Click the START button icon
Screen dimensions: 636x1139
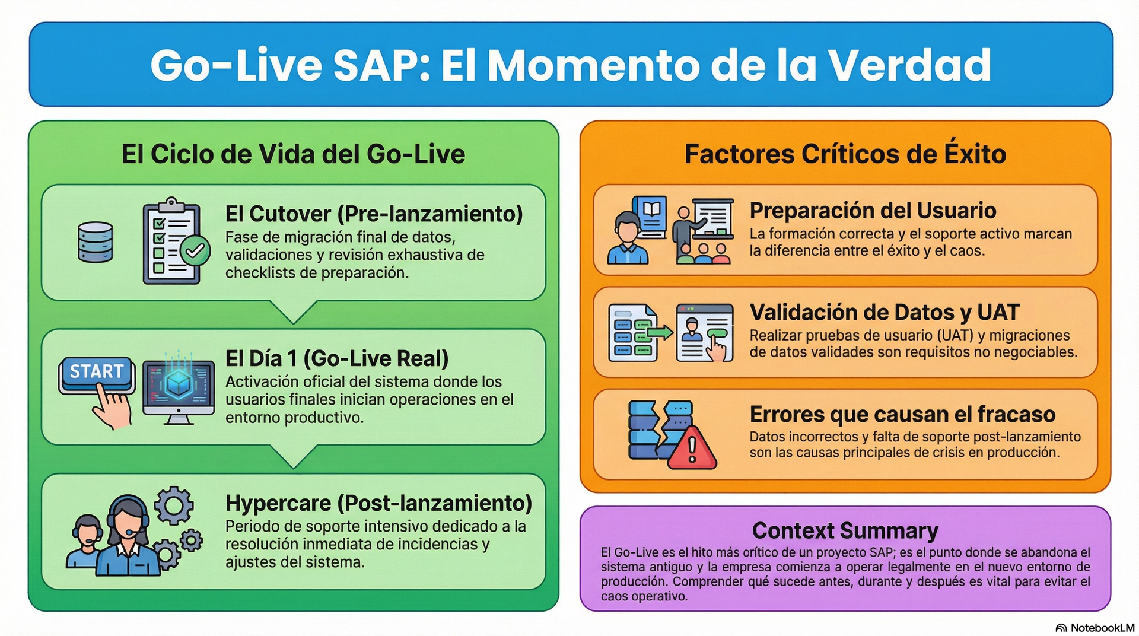96,373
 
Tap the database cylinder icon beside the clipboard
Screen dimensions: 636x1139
95,242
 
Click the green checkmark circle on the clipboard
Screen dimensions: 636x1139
195,251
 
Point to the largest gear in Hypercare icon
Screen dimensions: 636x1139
174,505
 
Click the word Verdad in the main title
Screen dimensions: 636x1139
909,65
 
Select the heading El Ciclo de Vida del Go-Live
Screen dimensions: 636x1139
293,154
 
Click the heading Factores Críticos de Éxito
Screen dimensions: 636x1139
845,154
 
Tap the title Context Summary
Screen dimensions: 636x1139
845,530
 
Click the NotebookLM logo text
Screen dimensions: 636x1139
1102,628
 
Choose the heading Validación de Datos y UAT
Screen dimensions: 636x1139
884,312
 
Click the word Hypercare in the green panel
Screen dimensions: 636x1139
278,503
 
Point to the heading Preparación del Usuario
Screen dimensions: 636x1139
872,211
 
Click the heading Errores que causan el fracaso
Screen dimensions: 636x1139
902,414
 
